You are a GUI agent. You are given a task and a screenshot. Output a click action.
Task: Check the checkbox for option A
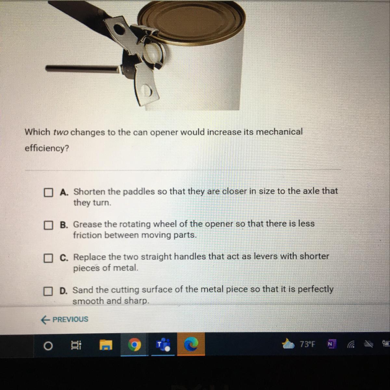(x=48, y=192)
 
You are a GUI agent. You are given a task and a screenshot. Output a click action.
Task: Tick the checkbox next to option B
(x=48, y=225)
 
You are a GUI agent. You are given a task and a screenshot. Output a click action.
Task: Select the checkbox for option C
(x=48, y=258)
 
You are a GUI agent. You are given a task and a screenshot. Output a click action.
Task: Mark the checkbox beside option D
(x=48, y=291)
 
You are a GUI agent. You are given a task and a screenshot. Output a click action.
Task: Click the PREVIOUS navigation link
(x=65, y=319)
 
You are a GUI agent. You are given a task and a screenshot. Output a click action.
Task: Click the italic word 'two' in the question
(x=61, y=132)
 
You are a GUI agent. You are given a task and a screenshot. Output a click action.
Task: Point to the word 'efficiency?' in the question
(x=47, y=149)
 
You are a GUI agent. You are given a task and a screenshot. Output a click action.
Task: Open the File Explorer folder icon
(x=106, y=345)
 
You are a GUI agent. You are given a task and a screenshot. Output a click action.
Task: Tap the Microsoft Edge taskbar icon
(x=191, y=344)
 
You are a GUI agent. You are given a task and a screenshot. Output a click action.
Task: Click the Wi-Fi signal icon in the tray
(x=351, y=344)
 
